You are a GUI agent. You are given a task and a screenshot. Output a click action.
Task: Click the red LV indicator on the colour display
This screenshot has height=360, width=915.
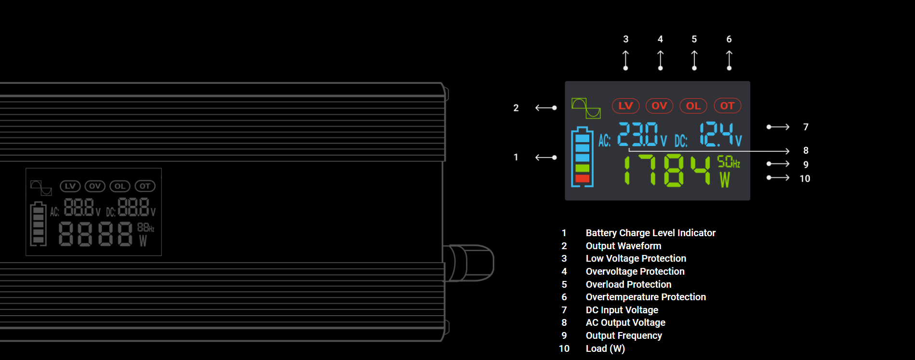[625, 106]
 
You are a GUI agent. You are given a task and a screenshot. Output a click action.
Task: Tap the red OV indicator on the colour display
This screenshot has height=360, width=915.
[659, 106]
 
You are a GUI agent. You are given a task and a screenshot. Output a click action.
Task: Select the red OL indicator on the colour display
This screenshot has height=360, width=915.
[693, 106]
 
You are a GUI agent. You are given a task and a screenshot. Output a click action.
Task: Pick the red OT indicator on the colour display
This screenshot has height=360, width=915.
[727, 106]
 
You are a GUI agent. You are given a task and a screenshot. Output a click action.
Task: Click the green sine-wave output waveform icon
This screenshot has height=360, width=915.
[586, 108]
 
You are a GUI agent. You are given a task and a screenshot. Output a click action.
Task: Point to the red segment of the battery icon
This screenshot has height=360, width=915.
[582, 178]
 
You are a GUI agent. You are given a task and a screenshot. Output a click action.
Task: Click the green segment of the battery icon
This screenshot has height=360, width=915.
[582, 168]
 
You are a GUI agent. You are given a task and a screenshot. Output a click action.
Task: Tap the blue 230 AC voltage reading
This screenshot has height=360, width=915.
[637, 134]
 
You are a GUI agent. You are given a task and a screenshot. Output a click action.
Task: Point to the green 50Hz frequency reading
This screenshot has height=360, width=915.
[728, 162]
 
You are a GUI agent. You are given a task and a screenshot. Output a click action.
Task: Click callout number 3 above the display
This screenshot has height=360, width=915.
[625, 39]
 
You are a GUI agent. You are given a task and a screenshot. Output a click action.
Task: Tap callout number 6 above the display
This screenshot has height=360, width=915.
[729, 39]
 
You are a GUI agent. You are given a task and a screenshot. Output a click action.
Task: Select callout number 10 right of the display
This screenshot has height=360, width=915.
[805, 179]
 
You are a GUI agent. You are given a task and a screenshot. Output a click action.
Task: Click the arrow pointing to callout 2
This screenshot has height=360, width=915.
[546, 108]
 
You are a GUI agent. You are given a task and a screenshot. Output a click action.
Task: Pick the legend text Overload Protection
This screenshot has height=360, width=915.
[628, 284]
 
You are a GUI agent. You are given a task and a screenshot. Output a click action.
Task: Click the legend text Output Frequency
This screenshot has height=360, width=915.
[623, 335]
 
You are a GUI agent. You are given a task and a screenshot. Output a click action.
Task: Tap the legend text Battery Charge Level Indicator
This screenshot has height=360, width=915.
[650, 233]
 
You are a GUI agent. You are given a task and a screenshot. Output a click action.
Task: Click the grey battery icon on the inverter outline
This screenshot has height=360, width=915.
[38, 224]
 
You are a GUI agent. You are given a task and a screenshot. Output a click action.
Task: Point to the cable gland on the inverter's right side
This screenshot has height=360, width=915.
[470, 263]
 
